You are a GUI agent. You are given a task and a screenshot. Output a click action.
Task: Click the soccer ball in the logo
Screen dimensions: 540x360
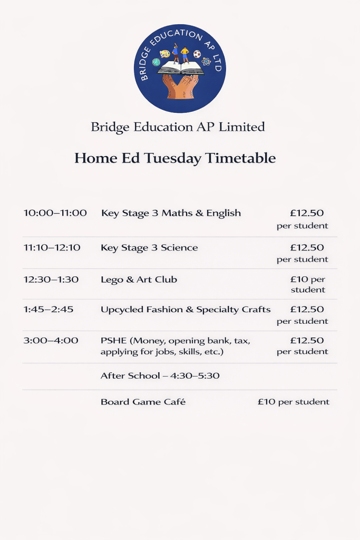click(197, 54)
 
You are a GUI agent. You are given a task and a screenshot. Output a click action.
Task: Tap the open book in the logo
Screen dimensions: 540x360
click(180, 68)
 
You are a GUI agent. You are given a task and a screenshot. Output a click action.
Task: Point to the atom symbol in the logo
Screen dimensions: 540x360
click(206, 62)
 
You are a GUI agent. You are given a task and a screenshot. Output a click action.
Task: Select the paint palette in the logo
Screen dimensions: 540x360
click(164, 54)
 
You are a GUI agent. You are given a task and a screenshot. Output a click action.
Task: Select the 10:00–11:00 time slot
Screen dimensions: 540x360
click(55, 213)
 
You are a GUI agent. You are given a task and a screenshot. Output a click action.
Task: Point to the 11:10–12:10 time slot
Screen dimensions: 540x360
click(52, 247)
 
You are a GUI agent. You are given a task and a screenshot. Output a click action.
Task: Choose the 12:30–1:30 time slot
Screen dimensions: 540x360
click(51, 279)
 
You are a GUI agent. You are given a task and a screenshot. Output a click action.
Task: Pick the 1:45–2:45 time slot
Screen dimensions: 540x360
click(48, 310)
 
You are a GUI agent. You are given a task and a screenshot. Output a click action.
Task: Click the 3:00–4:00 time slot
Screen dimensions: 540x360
click(51, 341)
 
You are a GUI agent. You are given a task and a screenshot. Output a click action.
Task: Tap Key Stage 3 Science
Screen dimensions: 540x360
click(149, 247)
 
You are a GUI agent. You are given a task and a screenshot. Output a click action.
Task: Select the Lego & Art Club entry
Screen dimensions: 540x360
click(139, 279)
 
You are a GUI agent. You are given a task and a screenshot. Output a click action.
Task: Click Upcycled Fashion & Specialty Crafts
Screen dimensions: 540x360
click(186, 310)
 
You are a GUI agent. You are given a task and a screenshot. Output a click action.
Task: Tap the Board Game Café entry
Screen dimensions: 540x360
click(143, 402)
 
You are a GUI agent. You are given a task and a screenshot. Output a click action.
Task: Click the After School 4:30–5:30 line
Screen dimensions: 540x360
click(160, 376)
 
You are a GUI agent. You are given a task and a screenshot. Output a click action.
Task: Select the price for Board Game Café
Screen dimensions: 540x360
click(293, 402)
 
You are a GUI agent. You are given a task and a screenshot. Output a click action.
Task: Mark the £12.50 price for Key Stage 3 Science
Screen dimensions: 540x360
click(307, 247)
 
